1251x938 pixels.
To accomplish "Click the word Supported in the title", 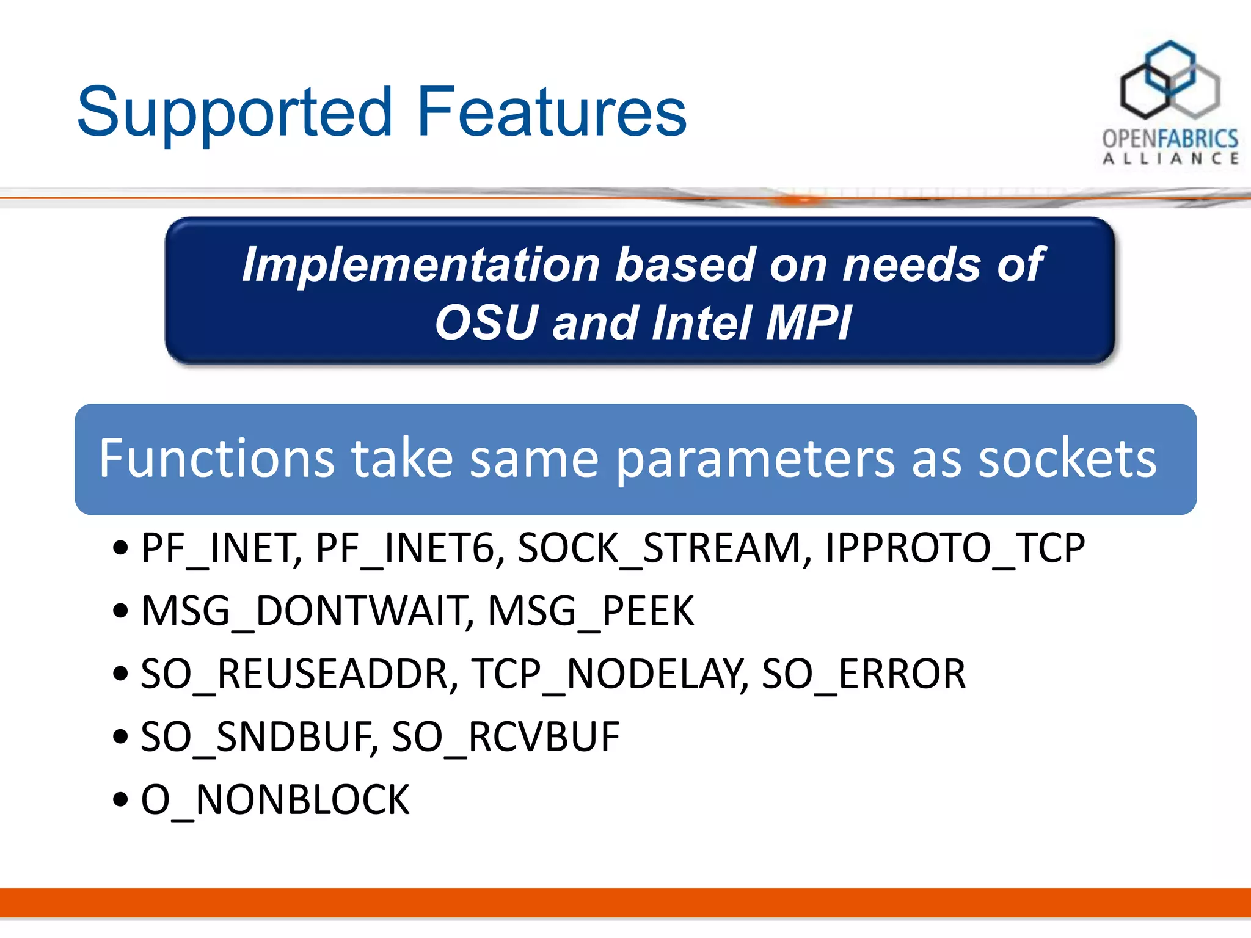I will [x=235, y=113].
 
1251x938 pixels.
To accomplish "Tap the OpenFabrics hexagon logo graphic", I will [x=1169, y=81].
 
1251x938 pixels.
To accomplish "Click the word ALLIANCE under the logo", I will [x=1170, y=159].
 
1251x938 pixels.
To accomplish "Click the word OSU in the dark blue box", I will [x=485, y=322].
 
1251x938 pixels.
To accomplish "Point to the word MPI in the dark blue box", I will [x=808, y=322].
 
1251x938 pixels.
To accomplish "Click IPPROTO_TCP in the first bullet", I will [x=955, y=548].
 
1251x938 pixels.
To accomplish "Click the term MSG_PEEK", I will [x=591, y=611].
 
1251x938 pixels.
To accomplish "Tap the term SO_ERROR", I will [x=864, y=674].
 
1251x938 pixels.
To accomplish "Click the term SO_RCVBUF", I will [x=505, y=737].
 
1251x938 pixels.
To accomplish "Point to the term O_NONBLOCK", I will [x=275, y=800].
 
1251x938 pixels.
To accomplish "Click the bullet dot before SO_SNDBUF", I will [x=121, y=737].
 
